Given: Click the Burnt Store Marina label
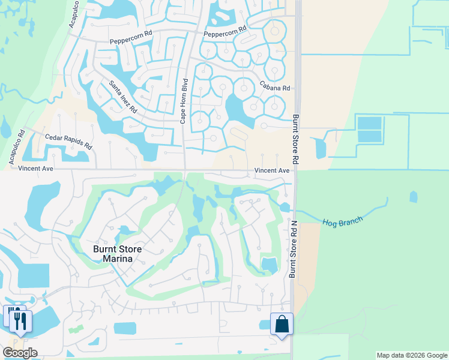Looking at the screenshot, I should coord(112,254).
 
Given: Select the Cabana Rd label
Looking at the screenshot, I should coord(275,88).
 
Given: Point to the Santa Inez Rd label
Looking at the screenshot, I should coord(123,98).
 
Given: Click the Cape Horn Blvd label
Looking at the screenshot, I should coord(184,101).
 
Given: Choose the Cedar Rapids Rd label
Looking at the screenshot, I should coord(69,142).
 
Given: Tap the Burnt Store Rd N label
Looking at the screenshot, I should coord(293,249).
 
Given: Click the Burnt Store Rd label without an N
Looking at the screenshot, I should coord(295,139).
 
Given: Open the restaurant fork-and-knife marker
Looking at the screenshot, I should coord(18,319).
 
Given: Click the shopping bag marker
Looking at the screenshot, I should coord(281,325).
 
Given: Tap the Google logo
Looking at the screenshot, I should coord(20,353).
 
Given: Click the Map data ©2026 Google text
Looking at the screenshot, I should coord(411,355).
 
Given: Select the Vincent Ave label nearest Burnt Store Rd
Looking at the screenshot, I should coord(273,171).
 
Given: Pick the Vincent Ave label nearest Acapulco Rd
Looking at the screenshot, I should coord(36,169).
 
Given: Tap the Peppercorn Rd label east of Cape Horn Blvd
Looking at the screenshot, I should coord(225,31).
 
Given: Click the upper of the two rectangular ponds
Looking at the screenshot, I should coord(369,123).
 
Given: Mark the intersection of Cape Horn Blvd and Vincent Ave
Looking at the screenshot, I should coord(184,170).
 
